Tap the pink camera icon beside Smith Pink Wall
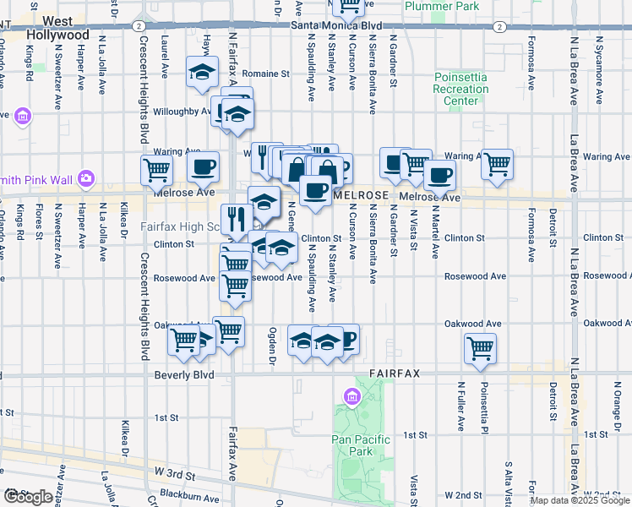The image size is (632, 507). click(x=85, y=178)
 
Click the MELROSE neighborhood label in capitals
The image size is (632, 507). click(x=361, y=195)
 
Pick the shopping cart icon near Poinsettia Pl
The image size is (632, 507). click(x=480, y=347)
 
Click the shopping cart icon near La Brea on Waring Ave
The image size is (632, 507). click(x=497, y=163)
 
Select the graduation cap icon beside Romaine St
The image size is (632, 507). click(x=202, y=73)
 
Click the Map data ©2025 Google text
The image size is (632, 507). click(x=580, y=500)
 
